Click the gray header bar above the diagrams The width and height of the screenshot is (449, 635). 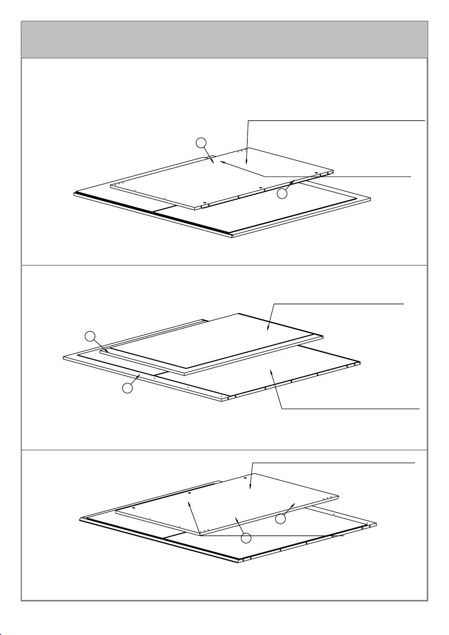click(224, 40)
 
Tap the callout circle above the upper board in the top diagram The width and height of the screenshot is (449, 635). click(201, 143)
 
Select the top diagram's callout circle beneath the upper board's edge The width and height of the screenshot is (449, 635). click(282, 194)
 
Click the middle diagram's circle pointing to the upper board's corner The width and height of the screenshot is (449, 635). click(90, 336)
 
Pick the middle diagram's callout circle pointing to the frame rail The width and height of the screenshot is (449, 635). click(127, 388)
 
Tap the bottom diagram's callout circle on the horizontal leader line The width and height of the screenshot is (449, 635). click(246, 538)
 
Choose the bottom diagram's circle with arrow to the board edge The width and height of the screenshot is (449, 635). click(280, 519)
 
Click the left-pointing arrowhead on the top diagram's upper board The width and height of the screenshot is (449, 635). click(222, 162)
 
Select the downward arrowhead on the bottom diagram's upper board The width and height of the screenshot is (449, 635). click(250, 487)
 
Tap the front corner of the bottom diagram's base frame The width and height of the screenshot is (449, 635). click(239, 563)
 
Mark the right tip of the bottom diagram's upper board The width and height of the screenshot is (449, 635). click(339, 497)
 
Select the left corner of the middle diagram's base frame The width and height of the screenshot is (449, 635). click(63, 358)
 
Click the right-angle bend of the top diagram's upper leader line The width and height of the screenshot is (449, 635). click(248, 121)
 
